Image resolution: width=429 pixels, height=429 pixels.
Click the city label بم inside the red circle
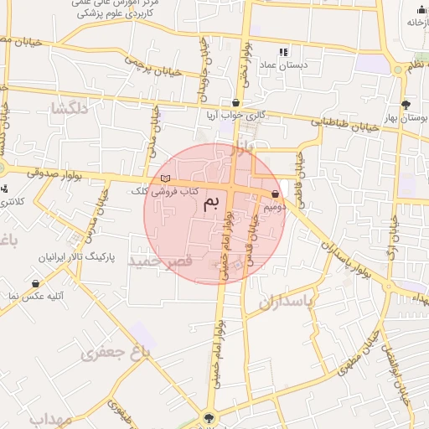pyautogui.click(x=215, y=203)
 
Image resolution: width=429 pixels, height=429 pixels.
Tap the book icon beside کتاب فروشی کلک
pyautogui.click(x=165, y=178)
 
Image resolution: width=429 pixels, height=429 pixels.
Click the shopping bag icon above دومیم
pyautogui.click(x=275, y=194)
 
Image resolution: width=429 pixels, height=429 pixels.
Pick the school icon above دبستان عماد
pyautogui.click(x=283, y=52)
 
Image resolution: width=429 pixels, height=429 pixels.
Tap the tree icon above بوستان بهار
pyautogui.click(x=406, y=105)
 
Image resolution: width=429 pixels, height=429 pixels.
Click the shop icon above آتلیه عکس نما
pyautogui.click(x=36, y=284)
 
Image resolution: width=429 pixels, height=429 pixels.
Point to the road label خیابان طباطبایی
pyautogui.click(x=348, y=127)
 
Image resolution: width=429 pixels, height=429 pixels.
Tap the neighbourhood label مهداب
pyautogui.click(x=49, y=418)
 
